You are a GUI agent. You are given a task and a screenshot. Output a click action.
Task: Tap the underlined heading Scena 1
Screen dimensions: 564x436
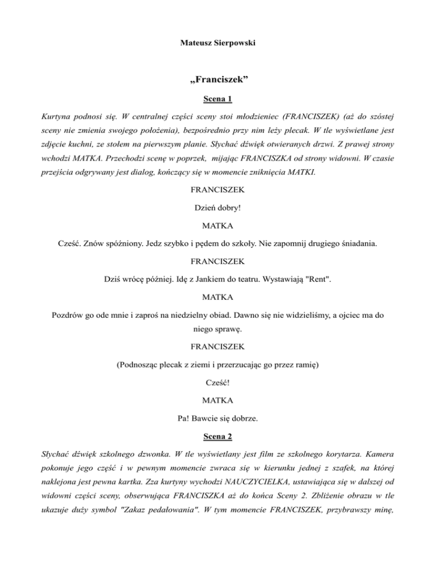pos(218,100)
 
